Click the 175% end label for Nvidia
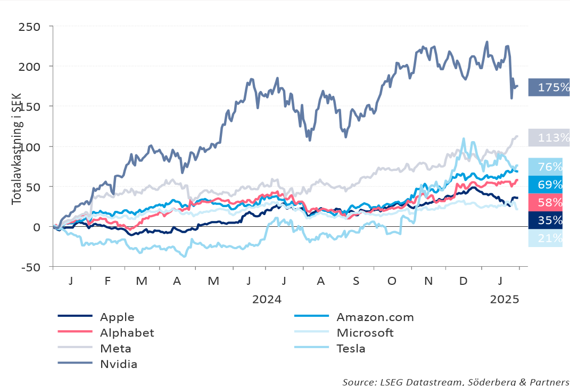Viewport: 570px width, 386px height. [549, 87]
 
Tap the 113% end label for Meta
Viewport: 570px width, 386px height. [549, 138]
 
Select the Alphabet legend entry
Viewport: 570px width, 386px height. [127, 333]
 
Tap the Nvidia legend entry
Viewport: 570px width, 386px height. [119, 365]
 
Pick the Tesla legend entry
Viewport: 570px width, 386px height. [351, 349]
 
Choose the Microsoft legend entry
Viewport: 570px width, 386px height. [365, 333]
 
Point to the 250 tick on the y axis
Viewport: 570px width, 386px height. [30, 27]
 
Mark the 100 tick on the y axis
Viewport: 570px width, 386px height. [30, 146]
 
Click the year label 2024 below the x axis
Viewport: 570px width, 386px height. [267, 299]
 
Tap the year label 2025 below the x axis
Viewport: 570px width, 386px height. [504, 299]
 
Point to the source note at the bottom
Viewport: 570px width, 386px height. [456, 381]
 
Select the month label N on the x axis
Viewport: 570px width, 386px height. [427, 281]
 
